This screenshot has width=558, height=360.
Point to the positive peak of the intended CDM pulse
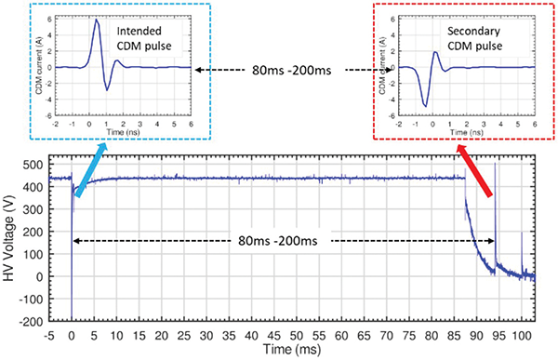(98, 20)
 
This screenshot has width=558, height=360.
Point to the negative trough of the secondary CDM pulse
(426, 105)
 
